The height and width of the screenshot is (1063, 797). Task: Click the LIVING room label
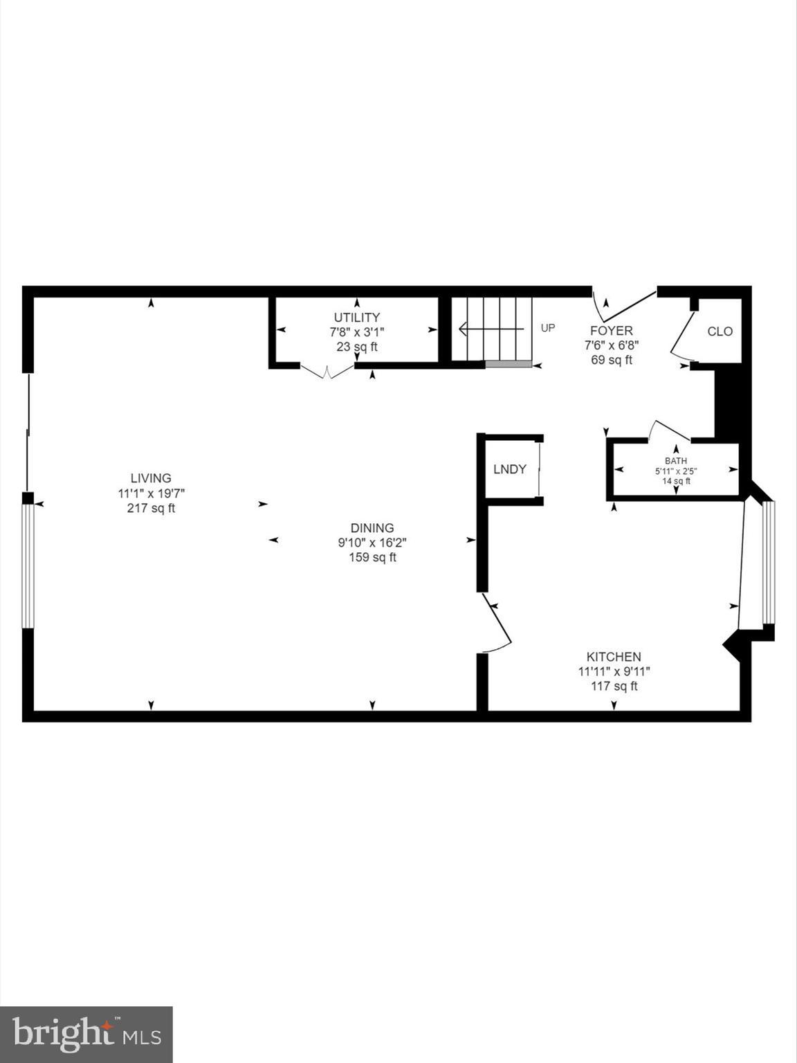point(151,478)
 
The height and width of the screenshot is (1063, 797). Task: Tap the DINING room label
point(372,528)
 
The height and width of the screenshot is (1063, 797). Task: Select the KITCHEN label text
point(614,657)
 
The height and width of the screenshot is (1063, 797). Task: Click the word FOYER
point(611,331)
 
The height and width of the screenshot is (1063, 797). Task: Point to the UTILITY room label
point(357,318)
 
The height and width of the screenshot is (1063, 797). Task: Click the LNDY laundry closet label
point(510,469)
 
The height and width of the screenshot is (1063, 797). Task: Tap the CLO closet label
point(720,331)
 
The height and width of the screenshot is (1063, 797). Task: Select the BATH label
point(676,461)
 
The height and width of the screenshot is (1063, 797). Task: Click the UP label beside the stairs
point(548,328)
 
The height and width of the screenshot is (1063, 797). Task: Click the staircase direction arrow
point(491,329)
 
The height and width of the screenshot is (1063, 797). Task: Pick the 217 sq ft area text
point(151,509)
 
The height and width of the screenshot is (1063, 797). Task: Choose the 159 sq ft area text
point(372,558)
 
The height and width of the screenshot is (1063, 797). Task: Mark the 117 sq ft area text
point(614,687)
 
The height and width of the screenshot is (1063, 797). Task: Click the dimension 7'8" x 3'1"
point(357,332)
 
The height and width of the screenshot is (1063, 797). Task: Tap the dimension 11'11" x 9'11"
point(614,671)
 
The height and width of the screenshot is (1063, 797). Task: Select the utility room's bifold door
point(327,372)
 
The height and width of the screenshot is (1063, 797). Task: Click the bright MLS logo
point(86,1035)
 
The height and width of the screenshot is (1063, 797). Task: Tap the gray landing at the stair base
point(509,364)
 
